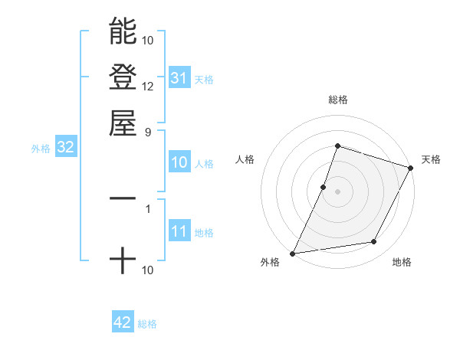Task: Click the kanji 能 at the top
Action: coord(123,31)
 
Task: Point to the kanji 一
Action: coord(123,198)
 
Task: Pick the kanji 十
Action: coord(123,261)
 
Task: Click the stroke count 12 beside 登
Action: coord(148,86)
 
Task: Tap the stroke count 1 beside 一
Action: coord(147,207)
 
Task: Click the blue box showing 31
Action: coord(179,78)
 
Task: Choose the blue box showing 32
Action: coord(65,148)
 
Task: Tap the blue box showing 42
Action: coord(123,322)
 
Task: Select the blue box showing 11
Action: coord(179,232)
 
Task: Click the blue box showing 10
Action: coord(179,162)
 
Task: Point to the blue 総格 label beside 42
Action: coord(147,324)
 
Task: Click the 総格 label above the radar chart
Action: coord(337,100)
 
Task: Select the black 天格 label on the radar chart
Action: coord(431,159)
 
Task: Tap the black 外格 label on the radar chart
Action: coord(270,263)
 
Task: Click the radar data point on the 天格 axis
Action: coord(410,167)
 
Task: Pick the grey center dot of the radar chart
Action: coord(337,191)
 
